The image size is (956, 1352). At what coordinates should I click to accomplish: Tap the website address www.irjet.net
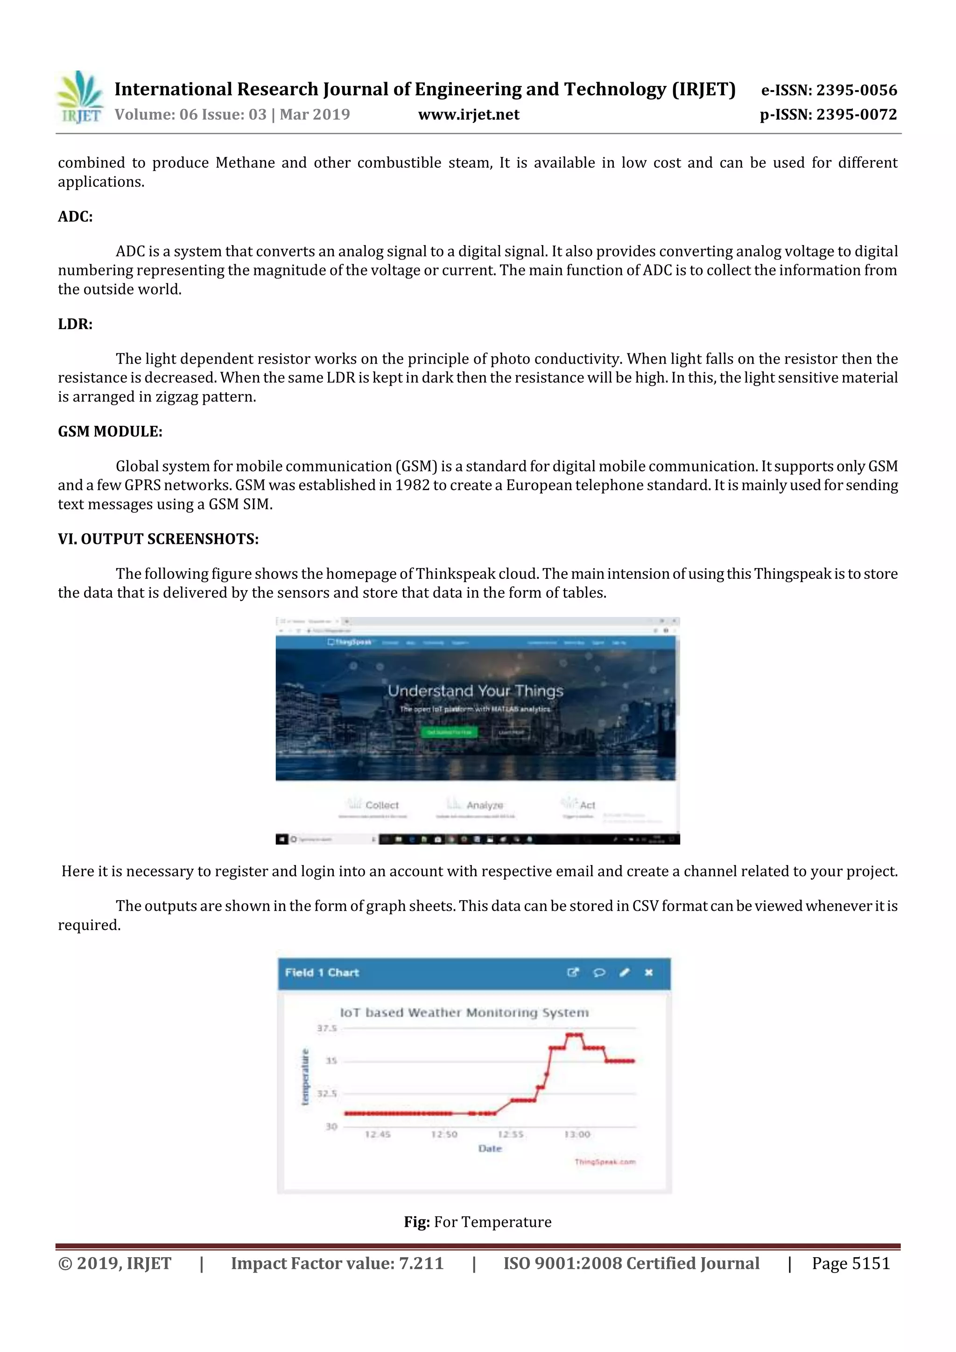(x=469, y=114)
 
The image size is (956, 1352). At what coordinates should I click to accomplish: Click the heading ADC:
(x=75, y=217)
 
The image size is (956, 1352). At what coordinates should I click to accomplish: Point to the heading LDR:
(x=75, y=324)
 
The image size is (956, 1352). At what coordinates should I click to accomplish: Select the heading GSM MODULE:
(x=110, y=432)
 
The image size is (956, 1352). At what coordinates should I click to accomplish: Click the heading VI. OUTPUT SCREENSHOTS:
(x=158, y=539)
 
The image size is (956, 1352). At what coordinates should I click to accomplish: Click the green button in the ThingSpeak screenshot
(x=449, y=732)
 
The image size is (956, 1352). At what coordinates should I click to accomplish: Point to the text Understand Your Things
(x=475, y=691)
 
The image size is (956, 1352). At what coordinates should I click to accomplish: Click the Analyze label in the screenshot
(x=485, y=805)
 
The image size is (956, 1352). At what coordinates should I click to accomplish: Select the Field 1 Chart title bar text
(x=322, y=973)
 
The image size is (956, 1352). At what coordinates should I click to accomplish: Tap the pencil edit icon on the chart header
(x=625, y=973)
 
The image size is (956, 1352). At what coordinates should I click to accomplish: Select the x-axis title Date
(x=490, y=1149)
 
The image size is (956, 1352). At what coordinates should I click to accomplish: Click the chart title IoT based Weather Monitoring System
(x=464, y=1013)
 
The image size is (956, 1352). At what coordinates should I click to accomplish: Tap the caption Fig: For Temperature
(x=478, y=1223)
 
